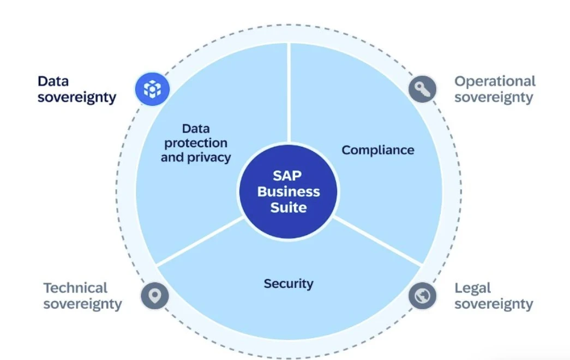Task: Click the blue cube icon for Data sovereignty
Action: [x=152, y=89]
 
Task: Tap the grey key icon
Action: [x=422, y=89]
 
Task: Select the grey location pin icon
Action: [x=155, y=296]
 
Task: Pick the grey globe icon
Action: [x=422, y=296]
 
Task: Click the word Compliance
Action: [x=377, y=150]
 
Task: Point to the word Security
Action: [x=289, y=284]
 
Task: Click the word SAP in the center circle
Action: [x=287, y=176]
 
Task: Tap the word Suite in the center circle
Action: [x=289, y=208]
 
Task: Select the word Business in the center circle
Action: [x=289, y=191]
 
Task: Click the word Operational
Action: [x=495, y=81]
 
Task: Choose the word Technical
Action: [x=76, y=288]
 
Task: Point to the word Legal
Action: [x=472, y=289]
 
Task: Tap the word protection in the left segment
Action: [x=196, y=143]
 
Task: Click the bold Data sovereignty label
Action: [x=77, y=89]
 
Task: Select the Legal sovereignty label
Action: [x=494, y=296]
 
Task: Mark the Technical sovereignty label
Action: [x=82, y=296]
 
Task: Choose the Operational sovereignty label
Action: [x=495, y=89]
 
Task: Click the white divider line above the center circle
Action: [x=289, y=93]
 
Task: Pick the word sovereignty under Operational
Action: [x=494, y=98]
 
